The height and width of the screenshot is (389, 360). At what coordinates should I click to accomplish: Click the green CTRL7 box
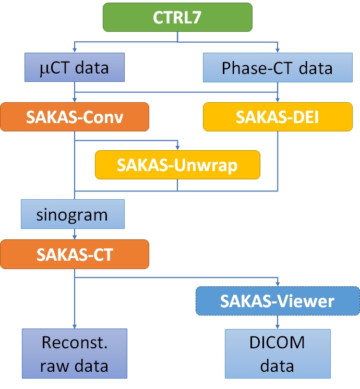coord(178,17)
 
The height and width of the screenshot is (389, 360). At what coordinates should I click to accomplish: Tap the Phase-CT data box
coord(277,68)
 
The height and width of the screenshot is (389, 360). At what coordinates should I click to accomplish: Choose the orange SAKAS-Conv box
coord(75,116)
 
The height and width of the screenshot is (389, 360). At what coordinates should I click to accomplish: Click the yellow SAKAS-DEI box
coord(277,116)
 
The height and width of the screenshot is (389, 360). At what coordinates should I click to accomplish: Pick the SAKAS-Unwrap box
coord(177,165)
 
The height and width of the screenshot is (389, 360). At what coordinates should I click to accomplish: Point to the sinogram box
coord(73,214)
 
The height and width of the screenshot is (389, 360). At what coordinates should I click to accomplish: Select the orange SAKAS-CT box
coord(75,254)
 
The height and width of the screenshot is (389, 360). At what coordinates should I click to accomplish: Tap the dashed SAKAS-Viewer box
coord(277,301)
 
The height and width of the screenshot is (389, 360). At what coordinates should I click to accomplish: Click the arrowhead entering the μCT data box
coord(75,52)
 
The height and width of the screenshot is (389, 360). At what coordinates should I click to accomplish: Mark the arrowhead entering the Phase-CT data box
coord(277,52)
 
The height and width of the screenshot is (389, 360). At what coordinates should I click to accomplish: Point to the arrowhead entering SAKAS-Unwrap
coord(177,148)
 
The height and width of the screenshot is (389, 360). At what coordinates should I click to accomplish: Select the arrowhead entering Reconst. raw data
coord(75,326)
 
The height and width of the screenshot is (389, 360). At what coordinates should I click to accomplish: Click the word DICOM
coord(277,344)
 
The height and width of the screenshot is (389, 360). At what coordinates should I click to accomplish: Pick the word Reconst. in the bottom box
coord(75,344)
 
